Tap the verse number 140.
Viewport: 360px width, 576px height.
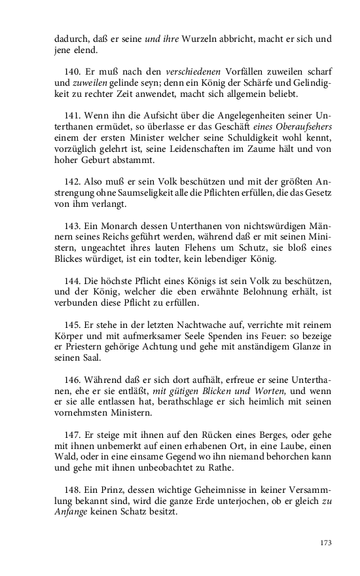(73, 70)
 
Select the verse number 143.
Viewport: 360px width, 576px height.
(73, 225)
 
